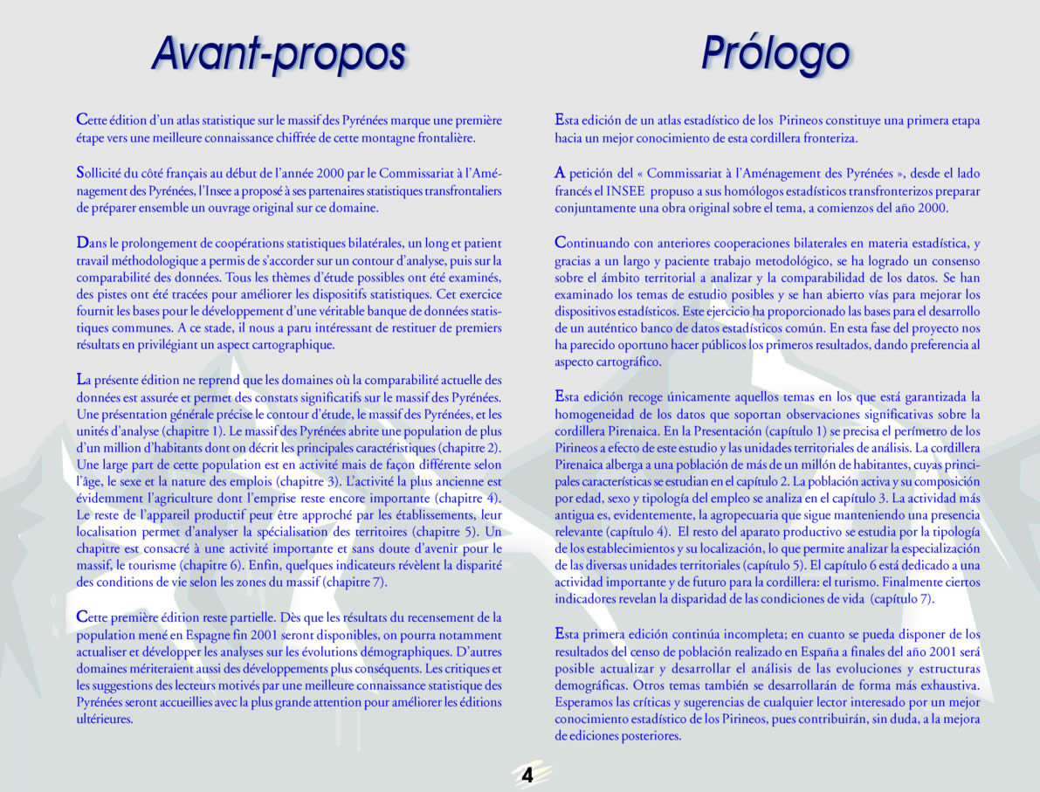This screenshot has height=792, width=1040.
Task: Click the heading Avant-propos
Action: (279, 54)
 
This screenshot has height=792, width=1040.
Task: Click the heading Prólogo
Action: (775, 54)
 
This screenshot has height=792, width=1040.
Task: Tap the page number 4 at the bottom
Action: (527, 775)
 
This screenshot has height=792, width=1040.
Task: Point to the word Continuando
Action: (596, 242)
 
